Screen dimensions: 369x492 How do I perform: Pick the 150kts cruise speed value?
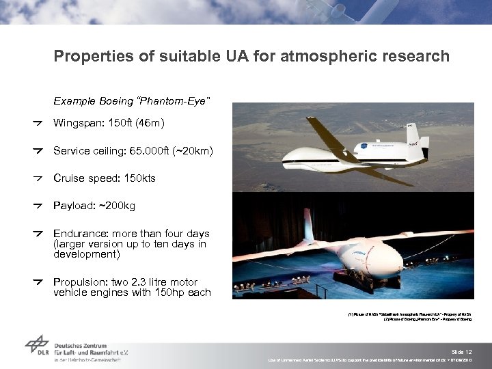pos(138,178)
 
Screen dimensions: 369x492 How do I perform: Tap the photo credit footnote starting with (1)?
pos(409,314)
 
